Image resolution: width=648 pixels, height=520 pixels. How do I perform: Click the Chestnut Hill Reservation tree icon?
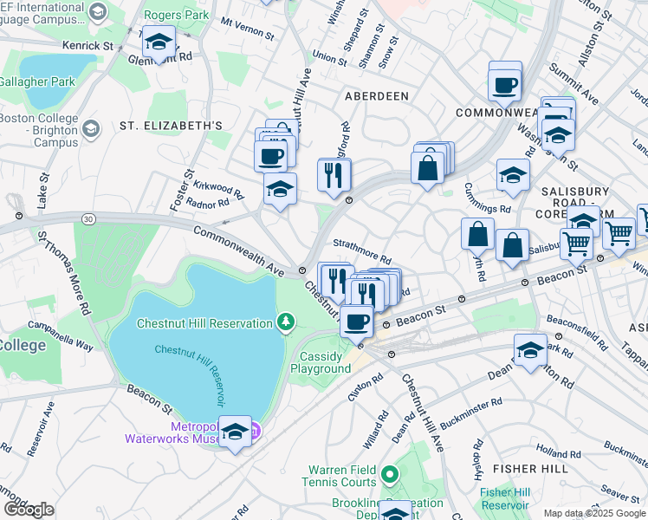(286, 323)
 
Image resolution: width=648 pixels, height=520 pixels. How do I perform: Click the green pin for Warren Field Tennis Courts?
(390, 474)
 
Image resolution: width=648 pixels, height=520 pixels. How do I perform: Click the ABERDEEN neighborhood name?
(377, 96)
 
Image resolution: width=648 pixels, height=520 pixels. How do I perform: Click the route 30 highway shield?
(87, 219)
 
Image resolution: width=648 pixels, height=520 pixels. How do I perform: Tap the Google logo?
(29, 510)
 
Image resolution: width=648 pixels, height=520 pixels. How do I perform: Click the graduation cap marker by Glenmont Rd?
(159, 42)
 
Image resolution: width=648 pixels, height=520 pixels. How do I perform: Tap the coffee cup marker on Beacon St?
(356, 322)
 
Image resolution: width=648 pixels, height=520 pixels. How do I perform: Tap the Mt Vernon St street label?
(247, 29)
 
